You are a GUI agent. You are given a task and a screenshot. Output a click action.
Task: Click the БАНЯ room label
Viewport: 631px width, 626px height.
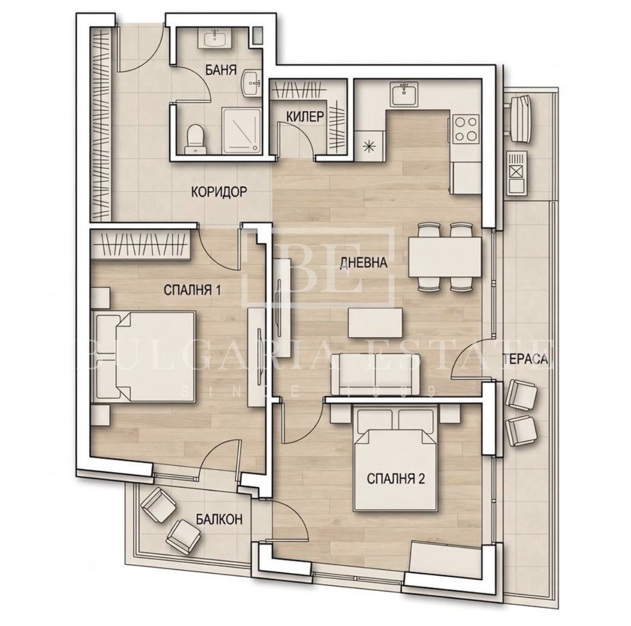(221, 71)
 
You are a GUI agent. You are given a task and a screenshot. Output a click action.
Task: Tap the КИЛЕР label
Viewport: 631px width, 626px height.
(305, 117)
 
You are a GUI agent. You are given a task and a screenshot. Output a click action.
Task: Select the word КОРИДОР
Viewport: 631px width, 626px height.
(219, 192)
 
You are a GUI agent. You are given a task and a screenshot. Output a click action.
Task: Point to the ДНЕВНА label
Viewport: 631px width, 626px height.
(364, 263)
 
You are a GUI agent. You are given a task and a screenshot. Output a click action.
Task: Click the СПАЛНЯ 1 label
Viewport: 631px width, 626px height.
(192, 290)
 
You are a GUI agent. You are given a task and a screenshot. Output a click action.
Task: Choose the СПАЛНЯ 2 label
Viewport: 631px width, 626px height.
(396, 480)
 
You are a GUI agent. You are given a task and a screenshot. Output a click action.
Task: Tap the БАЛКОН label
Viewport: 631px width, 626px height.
(219, 519)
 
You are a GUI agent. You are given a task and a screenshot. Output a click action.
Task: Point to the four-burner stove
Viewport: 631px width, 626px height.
(465, 129)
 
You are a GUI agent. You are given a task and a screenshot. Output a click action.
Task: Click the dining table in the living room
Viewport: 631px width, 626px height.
(444, 257)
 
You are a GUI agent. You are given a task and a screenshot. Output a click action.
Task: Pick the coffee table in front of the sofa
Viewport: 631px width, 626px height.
(376, 323)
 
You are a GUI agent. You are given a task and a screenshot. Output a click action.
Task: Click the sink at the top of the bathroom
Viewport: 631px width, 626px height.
(215, 38)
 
